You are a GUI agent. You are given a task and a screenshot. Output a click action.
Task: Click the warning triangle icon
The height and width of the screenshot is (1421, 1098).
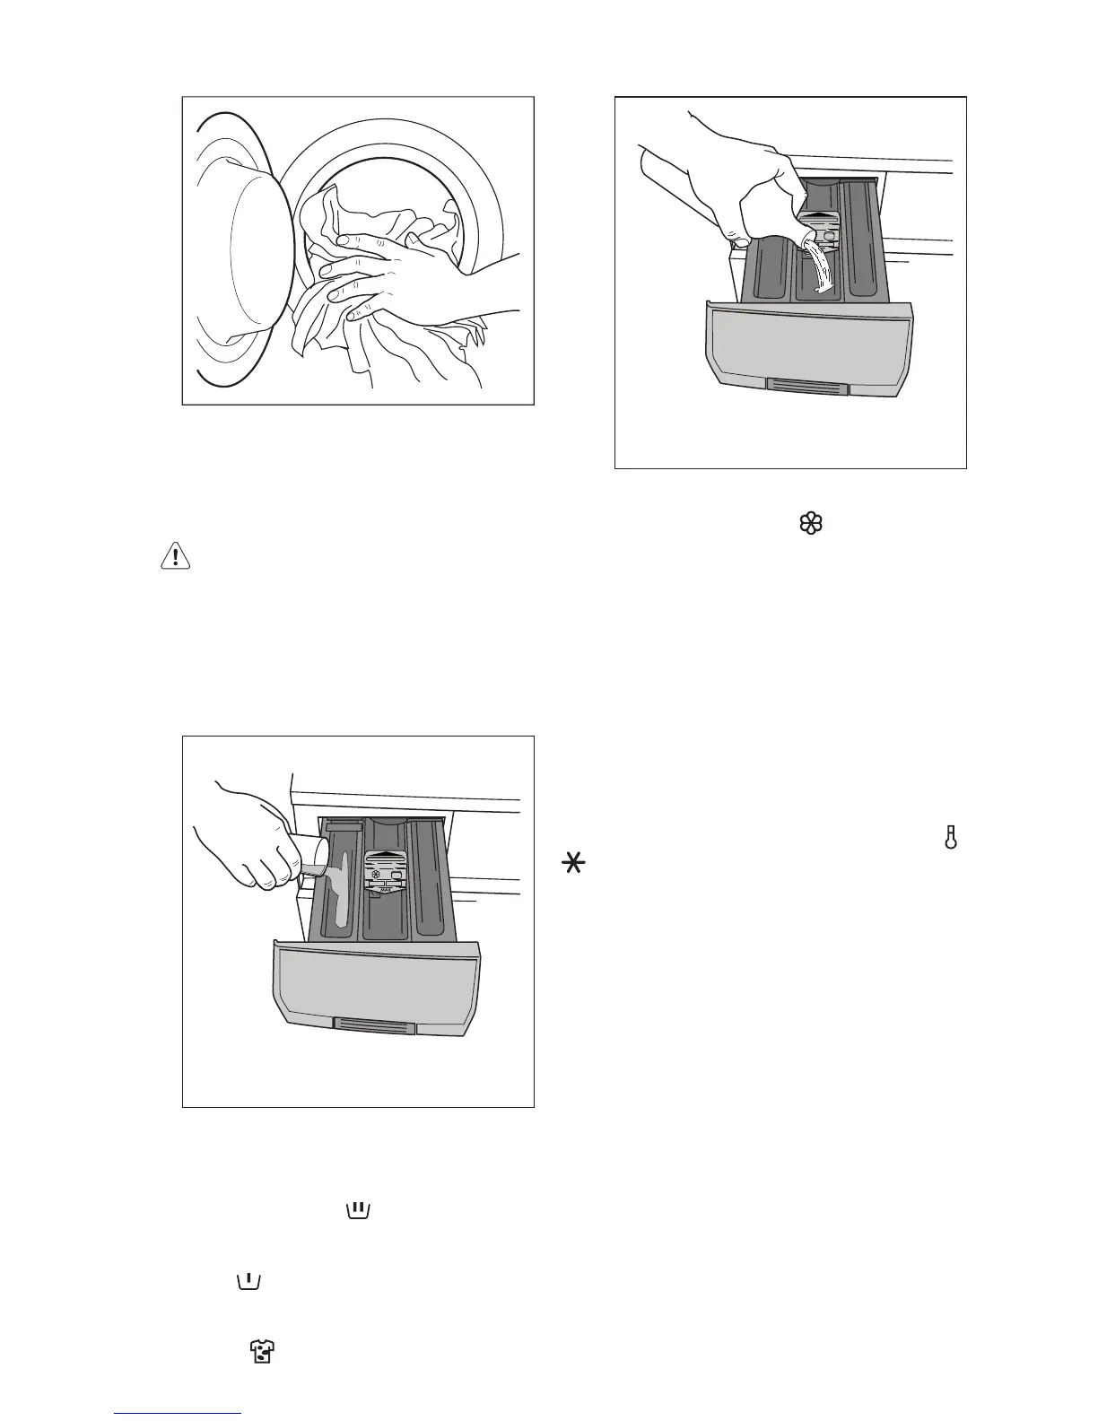click(176, 557)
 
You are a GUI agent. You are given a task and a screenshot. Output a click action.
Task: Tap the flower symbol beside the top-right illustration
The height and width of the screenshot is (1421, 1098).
click(810, 525)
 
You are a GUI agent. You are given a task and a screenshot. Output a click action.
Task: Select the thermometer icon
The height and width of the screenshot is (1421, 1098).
click(951, 839)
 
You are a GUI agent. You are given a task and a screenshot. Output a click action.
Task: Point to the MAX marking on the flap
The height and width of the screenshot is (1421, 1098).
click(386, 890)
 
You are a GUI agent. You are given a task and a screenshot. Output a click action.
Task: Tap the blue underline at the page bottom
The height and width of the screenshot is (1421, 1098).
click(179, 1414)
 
